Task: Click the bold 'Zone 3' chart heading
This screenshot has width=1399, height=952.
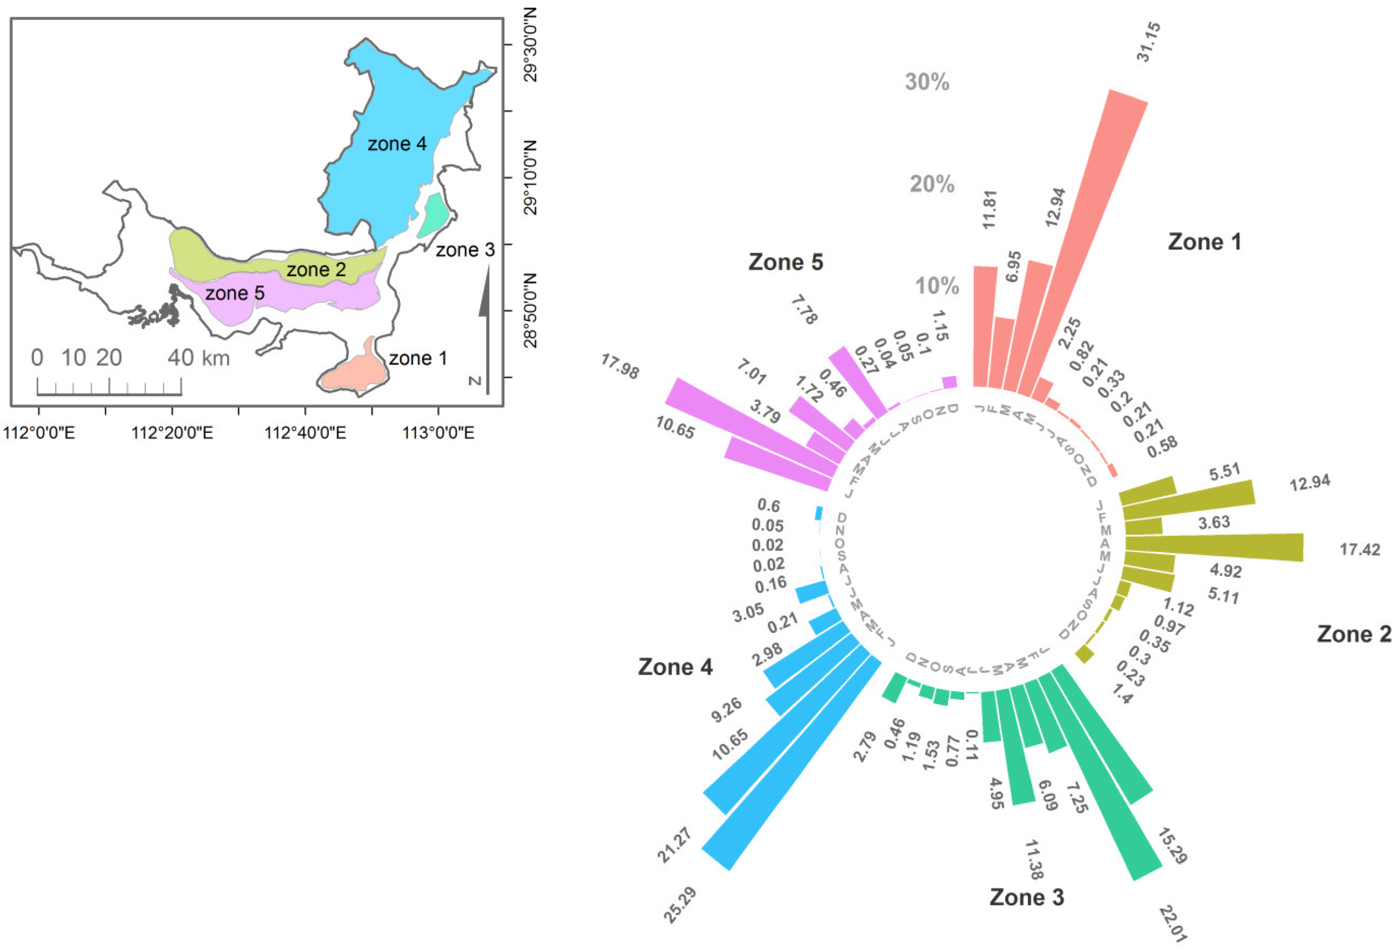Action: click(1027, 897)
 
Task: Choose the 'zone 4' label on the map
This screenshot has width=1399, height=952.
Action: click(397, 144)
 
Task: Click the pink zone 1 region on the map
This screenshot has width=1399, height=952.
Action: click(355, 373)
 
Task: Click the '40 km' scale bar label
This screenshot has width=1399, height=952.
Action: click(199, 358)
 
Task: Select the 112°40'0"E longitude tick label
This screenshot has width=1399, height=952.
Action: click(305, 432)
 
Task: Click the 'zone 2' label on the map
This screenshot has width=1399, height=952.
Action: click(316, 270)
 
